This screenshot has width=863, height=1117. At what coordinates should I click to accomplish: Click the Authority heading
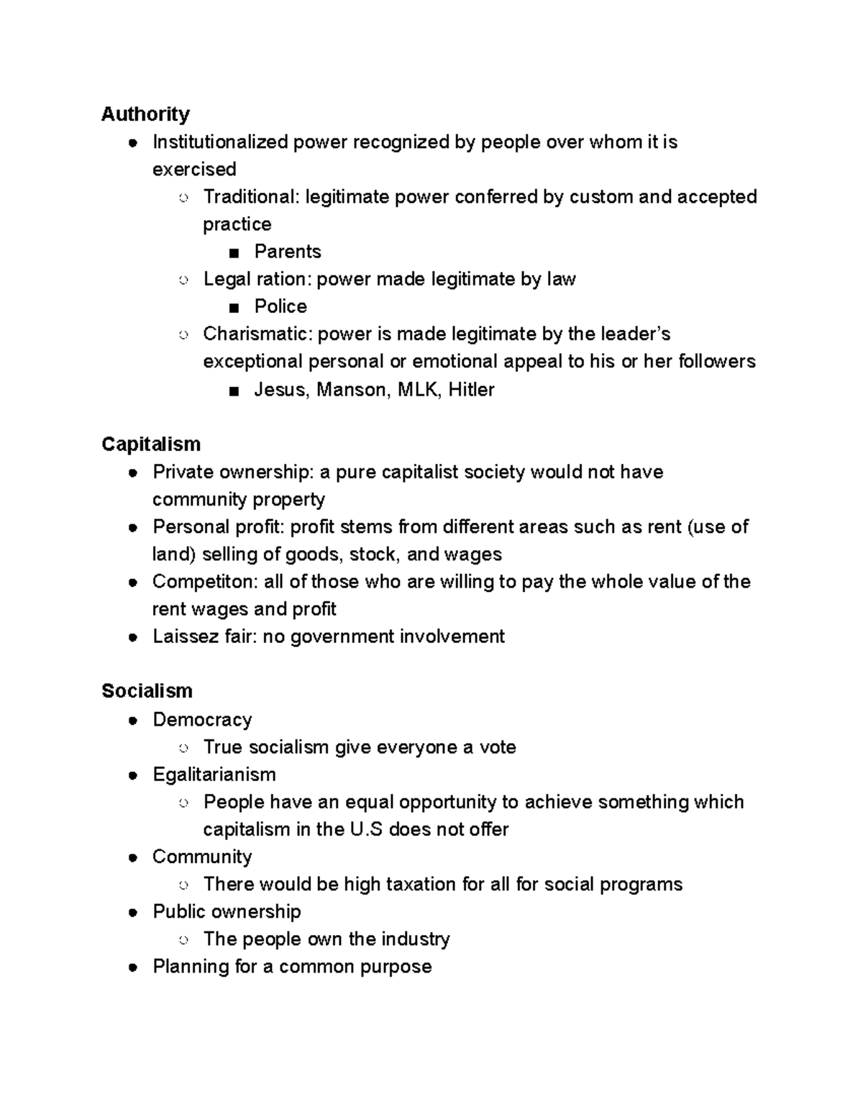(x=145, y=114)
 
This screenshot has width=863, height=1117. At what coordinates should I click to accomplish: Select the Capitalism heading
(x=150, y=444)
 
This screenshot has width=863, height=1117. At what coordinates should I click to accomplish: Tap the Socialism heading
(x=147, y=690)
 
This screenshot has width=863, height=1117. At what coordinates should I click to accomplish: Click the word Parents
(x=287, y=251)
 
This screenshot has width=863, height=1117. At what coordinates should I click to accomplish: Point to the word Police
(x=280, y=306)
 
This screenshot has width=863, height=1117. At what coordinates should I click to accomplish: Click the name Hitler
(x=471, y=390)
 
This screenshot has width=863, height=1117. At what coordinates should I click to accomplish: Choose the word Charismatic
(x=257, y=334)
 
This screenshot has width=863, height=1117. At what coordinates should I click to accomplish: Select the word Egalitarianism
(x=214, y=775)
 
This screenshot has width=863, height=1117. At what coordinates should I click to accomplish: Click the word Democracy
(x=202, y=719)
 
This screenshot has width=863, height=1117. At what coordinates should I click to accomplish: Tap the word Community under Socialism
(x=201, y=857)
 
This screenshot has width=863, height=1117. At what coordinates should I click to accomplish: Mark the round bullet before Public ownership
(x=133, y=913)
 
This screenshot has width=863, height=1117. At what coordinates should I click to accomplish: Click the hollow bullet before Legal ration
(x=183, y=280)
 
